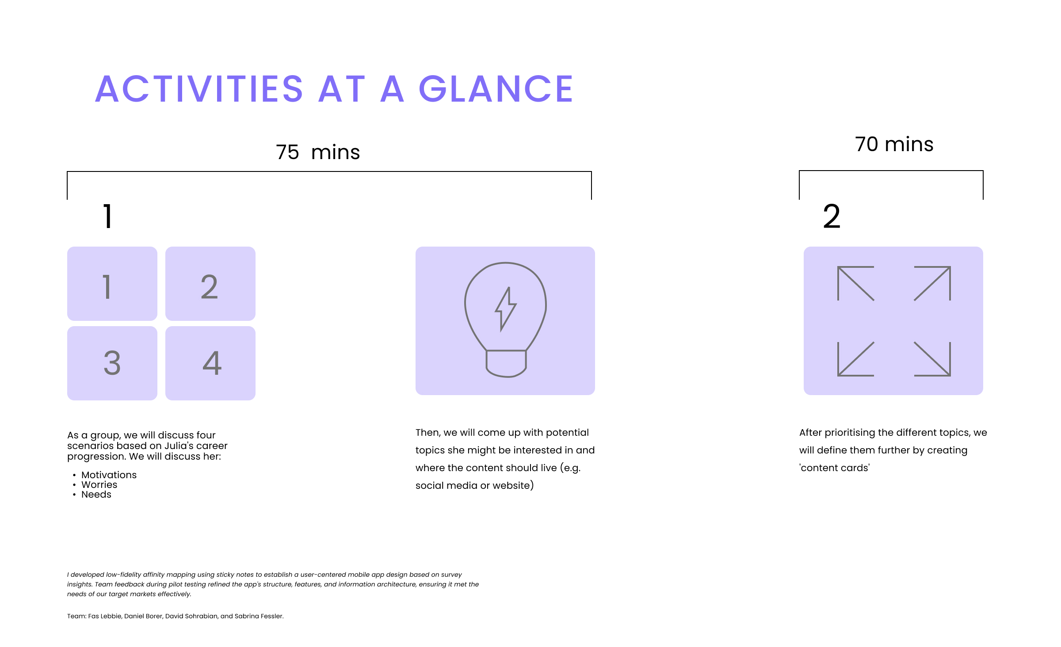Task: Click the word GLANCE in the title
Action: point(496,89)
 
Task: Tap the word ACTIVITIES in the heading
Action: point(199,89)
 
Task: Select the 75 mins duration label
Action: point(318,152)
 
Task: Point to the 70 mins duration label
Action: point(894,144)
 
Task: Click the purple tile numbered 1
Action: point(112,284)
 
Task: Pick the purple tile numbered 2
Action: point(210,284)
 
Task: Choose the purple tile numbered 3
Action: point(112,363)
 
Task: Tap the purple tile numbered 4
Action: point(210,363)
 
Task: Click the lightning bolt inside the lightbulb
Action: point(505,309)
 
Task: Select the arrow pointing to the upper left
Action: point(855,283)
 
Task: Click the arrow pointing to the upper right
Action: point(932,283)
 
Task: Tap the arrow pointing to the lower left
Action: point(855,359)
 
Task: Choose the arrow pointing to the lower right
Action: point(932,359)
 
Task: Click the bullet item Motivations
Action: point(109,475)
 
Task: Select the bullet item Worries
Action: point(99,485)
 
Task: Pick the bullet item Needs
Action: point(96,495)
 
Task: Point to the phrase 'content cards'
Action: point(834,468)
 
